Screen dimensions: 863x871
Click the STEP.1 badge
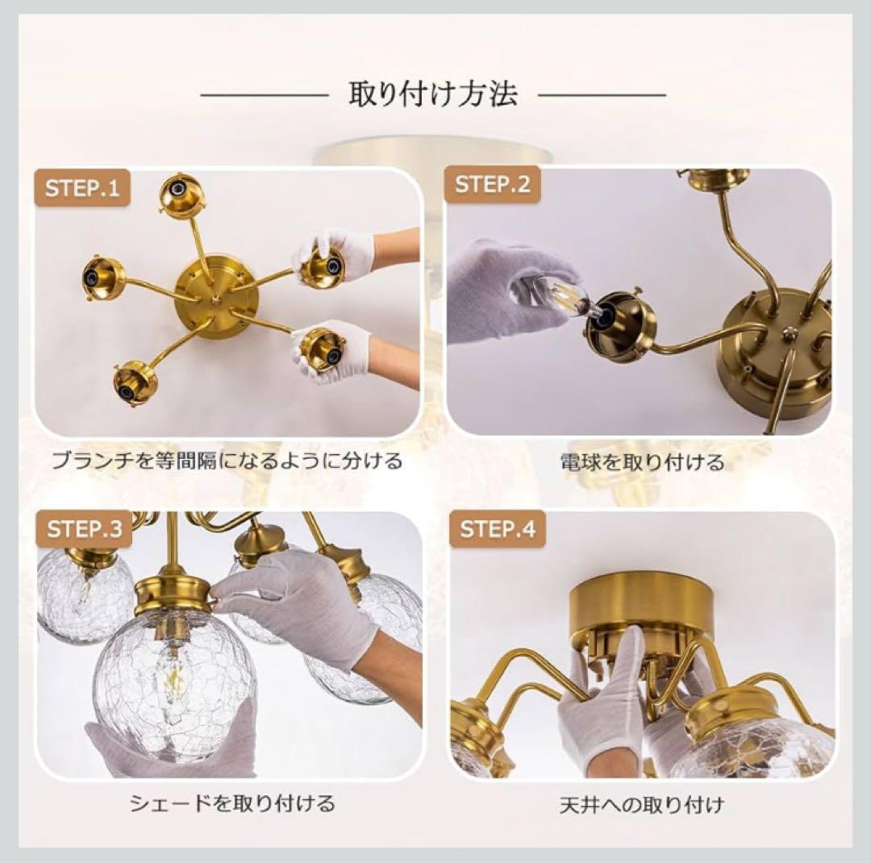[x=81, y=189]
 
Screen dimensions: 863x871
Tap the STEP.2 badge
[x=493, y=185]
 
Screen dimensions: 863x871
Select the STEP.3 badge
[x=85, y=529]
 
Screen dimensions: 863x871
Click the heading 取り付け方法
[x=432, y=95]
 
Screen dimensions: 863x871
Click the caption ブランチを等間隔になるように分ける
[x=227, y=461]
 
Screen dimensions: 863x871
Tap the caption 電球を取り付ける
[x=642, y=462]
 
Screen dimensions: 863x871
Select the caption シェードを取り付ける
[x=231, y=803]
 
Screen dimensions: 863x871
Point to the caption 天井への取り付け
[x=642, y=804]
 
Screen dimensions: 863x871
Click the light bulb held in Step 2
[x=561, y=295]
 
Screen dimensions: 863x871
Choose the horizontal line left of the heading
[x=265, y=95]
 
